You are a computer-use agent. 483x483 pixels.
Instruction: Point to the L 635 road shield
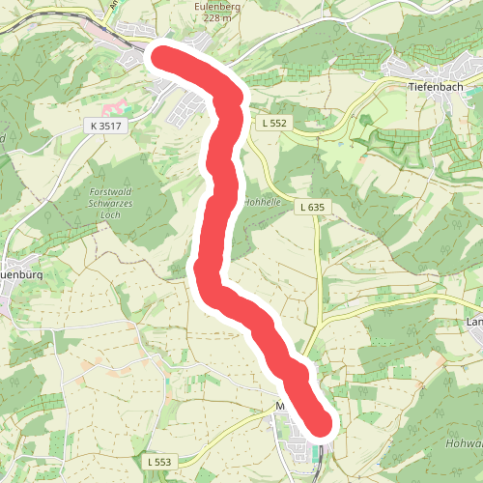(x=311, y=207)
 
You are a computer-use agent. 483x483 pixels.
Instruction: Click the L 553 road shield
(x=161, y=464)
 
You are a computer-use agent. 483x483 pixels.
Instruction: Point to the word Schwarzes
(x=123, y=205)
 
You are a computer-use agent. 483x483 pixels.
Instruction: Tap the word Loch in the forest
(x=123, y=216)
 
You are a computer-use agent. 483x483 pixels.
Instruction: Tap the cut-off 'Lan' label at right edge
(x=473, y=322)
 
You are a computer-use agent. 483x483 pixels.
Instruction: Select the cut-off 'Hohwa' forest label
(x=465, y=443)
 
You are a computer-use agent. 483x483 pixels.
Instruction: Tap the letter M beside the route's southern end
(x=280, y=409)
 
